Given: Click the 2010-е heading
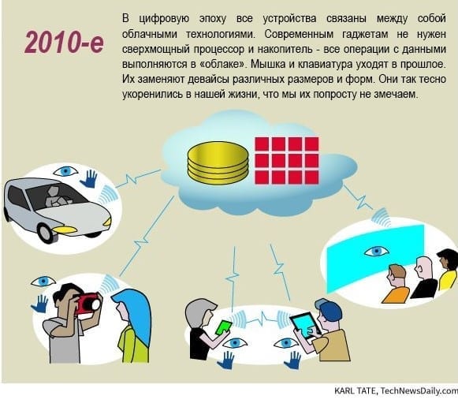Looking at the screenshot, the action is [65, 43].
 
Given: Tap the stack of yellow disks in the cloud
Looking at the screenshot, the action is [218, 162].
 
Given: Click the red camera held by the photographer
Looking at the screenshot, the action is [87, 304].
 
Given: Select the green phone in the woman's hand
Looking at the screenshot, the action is [223, 328].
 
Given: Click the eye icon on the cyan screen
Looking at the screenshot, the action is [376, 251].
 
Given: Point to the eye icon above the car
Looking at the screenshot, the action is [65, 171].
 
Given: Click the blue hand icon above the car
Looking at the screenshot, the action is [89, 179].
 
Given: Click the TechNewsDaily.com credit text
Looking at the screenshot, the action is [419, 391].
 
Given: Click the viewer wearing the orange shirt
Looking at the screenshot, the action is [396, 284].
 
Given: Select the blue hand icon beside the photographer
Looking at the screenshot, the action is [39, 304].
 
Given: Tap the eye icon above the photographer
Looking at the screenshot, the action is [43, 282].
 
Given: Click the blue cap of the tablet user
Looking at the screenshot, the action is [328, 309].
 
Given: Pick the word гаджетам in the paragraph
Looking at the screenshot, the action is [365, 35].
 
